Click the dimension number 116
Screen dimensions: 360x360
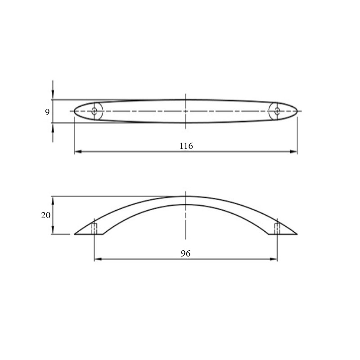point(186,146)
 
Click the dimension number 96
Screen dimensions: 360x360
point(185,253)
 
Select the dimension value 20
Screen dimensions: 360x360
point(45,216)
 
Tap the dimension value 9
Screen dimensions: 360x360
point(47,112)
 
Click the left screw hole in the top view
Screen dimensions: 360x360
point(94,111)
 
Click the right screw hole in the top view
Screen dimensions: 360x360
point(277,111)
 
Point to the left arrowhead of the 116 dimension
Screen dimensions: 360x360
point(78,152)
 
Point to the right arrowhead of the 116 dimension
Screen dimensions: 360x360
point(293,152)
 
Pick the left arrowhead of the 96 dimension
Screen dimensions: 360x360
point(98,259)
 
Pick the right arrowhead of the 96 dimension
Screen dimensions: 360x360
point(274,259)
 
